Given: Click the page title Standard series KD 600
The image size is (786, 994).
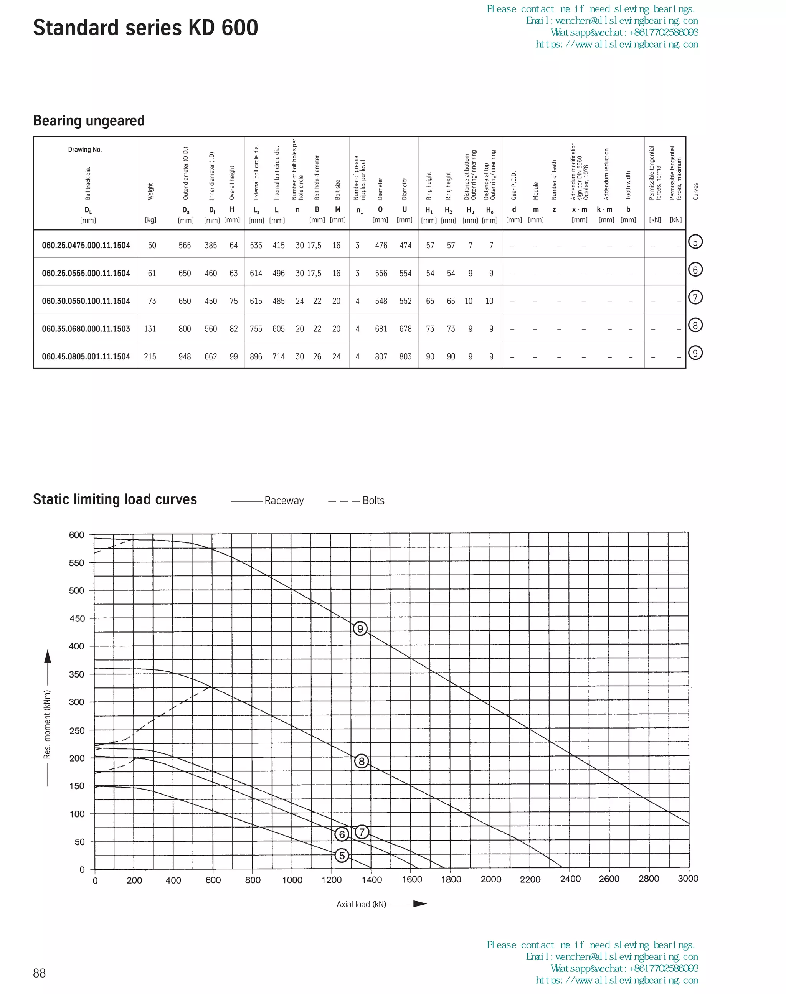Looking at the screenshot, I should [x=145, y=28].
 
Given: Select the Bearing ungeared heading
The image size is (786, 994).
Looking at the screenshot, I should [x=89, y=120].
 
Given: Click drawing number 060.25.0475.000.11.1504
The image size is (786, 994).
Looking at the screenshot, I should [x=86, y=246].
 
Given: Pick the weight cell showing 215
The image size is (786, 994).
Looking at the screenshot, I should [x=150, y=356].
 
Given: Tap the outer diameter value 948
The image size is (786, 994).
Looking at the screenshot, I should [x=185, y=356].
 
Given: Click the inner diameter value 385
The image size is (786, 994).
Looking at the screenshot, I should [x=211, y=246].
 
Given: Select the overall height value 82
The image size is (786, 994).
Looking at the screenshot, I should [x=234, y=329].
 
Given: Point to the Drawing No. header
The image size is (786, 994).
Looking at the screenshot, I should [x=85, y=150].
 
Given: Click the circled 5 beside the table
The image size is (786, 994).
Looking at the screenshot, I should [x=695, y=242].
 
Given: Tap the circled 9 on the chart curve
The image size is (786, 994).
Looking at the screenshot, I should [x=360, y=628].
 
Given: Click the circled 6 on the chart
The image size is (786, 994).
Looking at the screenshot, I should [x=342, y=834].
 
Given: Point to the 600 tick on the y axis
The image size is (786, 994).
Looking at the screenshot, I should [x=76, y=535].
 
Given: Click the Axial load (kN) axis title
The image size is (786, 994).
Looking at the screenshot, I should [x=361, y=904].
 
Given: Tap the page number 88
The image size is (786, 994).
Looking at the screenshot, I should [x=40, y=973].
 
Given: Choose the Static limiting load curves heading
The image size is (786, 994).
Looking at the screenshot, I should [x=115, y=499].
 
